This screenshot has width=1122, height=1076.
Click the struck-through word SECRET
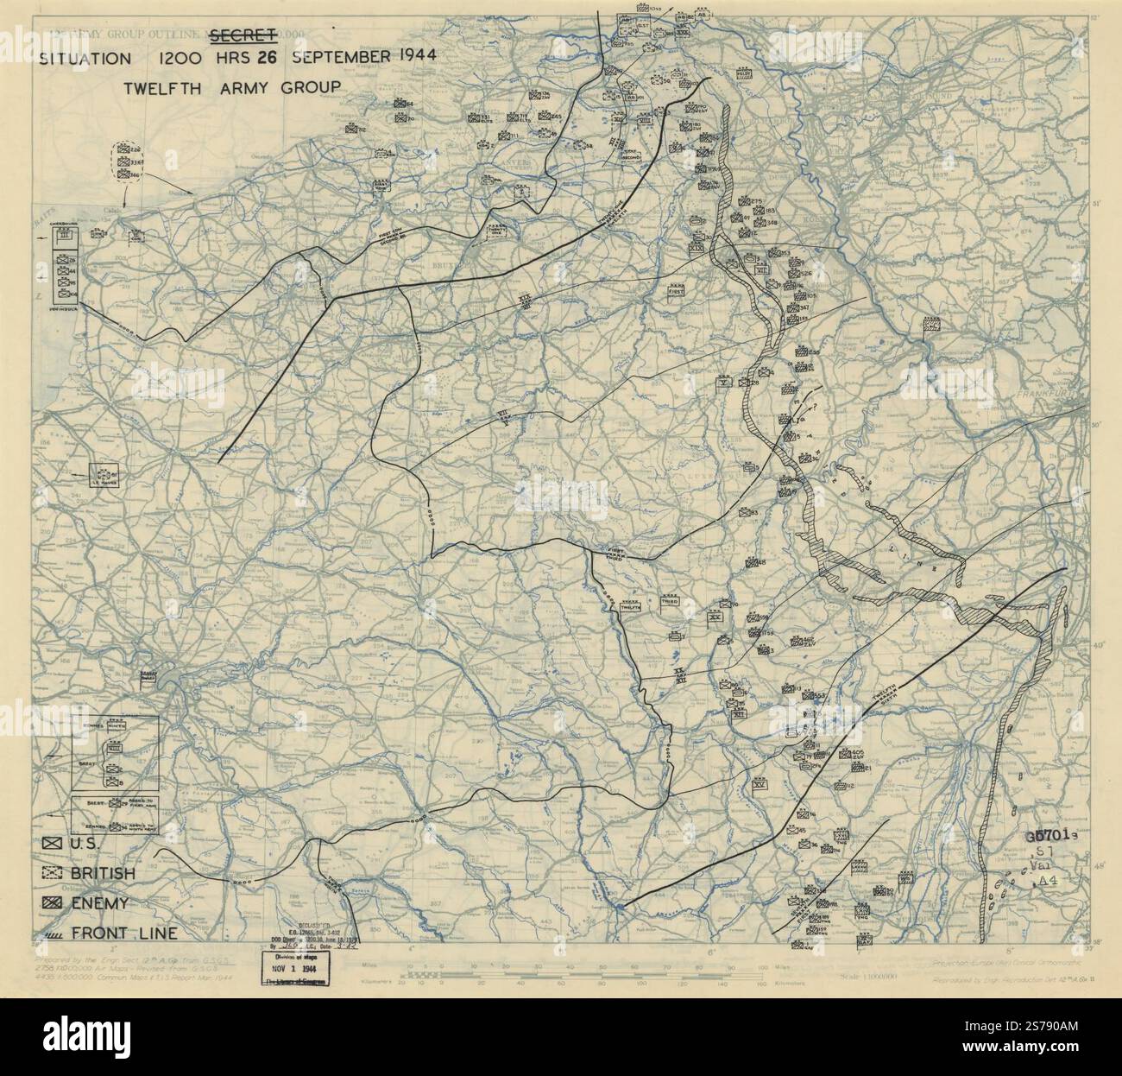(243, 35)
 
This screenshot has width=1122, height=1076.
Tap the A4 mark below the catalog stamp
(1047, 880)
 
